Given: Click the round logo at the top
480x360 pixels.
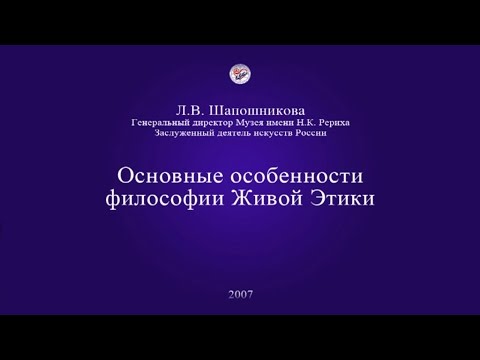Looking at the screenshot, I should click(240, 73).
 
